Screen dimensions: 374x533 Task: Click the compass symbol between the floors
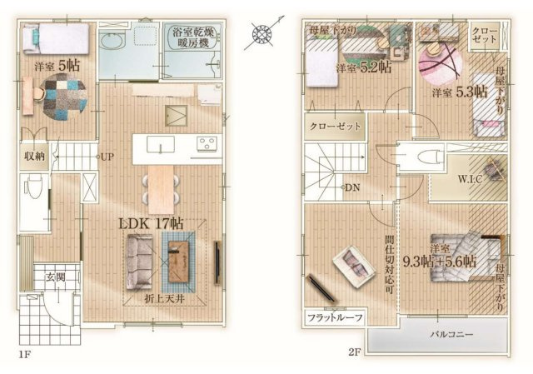(262, 34)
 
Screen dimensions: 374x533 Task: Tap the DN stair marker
(352, 187)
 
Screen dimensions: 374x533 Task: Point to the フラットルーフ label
(331, 318)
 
